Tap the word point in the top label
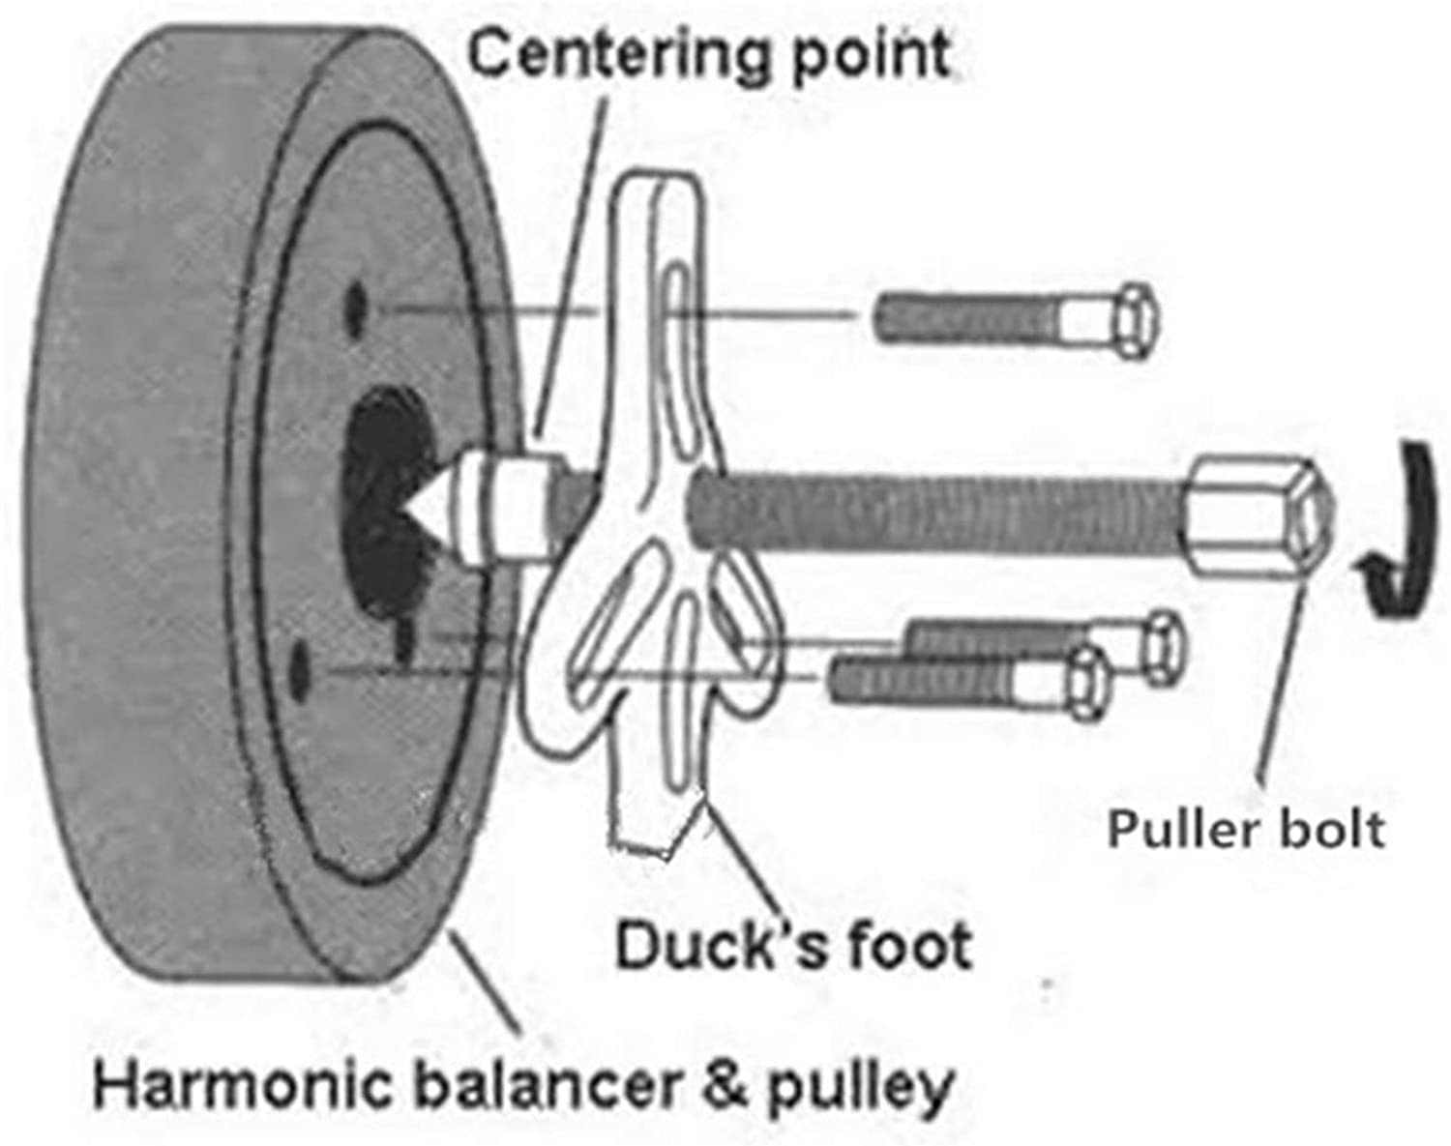[871, 56]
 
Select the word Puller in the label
[1179, 830]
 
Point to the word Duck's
[721, 946]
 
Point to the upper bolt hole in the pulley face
[356, 308]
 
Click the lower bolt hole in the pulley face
[303, 668]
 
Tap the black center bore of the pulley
[382, 455]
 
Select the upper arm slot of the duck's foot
[677, 329]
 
